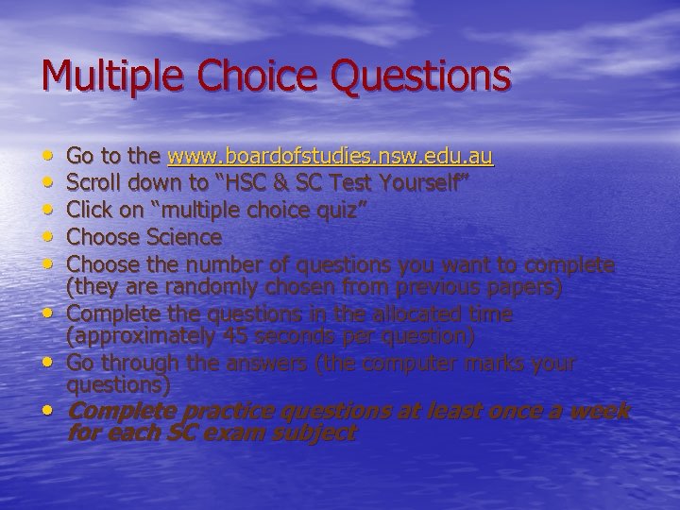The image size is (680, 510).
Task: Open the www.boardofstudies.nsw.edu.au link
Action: point(331,155)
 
